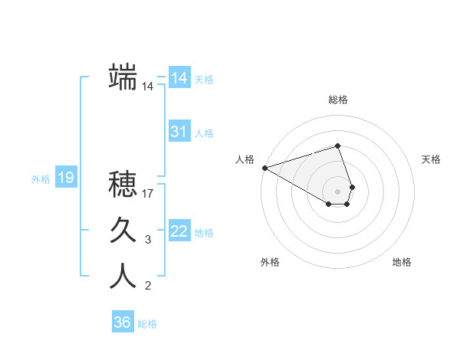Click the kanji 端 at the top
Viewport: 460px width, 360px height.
pyautogui.click(x=123, y=77)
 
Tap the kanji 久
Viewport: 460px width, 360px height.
pyautogui.click(x=123, y=229)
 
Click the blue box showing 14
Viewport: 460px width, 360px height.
pyautogui.click(x=179, y=78)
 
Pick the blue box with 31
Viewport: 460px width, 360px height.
pyautogui.click(x=179, y=132)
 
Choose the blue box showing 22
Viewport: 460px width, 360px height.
pyautogui.click(x=179, y=231)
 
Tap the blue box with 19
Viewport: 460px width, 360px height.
pyautogui.click(x=65, y=178)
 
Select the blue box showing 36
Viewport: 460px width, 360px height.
pyautogui.click(x=122, y=322)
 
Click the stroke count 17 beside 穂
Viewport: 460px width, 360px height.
pyautogui.click(x=148, y=194)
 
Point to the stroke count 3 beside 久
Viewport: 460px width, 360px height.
pyautogui.click(x=148, y=240)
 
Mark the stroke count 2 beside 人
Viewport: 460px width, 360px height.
pyautogui.click(x=148, y=286)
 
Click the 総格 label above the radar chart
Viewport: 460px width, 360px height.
pyautogui.click(x=338, y=100)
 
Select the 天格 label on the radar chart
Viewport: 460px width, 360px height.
pyautogui.click(x=431, y=159)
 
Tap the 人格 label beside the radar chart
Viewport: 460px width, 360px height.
pyautogui.click(x=245, y=159)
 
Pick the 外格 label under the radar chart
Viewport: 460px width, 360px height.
pyautogui.click(x=270, y=262)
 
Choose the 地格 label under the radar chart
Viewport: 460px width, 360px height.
pyautogui.click(x=402, y=262)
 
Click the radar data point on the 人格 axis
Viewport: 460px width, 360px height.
pyautogui.click(x=264, y=167)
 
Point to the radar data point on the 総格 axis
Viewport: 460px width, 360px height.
pyautogui.click(x=337, y=146)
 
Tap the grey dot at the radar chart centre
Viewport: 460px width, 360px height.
pyautogui.click(x=337, y=191)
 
